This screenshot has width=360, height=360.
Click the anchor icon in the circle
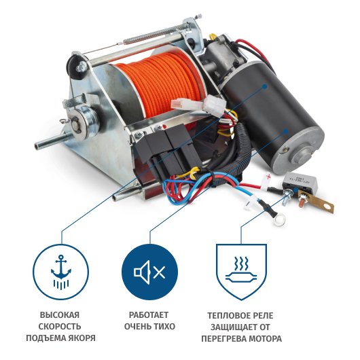pos(61,272)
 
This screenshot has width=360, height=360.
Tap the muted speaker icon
pos(149,272)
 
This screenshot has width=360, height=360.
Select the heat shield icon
pos(241,272)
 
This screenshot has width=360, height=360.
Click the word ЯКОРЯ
pos(82,338)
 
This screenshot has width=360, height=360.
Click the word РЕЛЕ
pos(262,315)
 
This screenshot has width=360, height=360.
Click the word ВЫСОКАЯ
pos(60,314)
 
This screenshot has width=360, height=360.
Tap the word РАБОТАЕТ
pos(149,314)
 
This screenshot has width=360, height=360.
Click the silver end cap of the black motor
pos(301,152)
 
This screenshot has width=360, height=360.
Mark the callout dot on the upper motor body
pos(264,86)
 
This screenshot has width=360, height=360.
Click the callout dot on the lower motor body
pos(285,131)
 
